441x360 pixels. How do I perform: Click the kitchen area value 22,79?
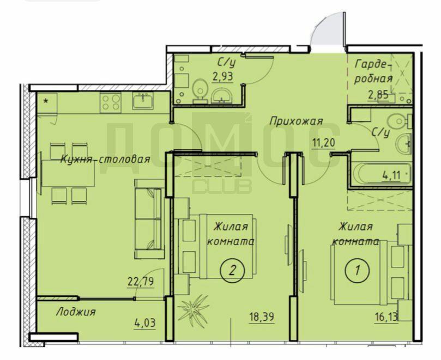(x=141, y=281)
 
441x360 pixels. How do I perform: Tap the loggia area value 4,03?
(x=145, y=323)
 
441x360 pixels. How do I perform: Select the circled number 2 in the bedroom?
(x=232, y=270)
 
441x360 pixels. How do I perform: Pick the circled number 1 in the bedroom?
(x=357, y=270)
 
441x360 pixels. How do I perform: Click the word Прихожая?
(x=296, y=121)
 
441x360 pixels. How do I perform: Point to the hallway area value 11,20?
(x=323, y=143)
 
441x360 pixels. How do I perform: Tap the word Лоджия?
(x=76, y=312)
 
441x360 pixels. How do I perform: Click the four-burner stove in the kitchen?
(x=111, y=102)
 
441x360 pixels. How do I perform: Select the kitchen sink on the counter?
(x=143, y=101)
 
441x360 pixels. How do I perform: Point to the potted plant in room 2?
(x=194, y=308)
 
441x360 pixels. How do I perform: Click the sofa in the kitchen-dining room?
(x=149, y=219)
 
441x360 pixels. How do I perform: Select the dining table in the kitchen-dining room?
(x=68, y=173)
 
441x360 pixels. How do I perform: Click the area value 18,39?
(x=262, y=317)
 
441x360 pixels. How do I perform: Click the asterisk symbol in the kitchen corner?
(x=46, y=101)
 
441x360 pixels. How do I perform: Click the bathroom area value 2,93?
(x=223, y=76)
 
